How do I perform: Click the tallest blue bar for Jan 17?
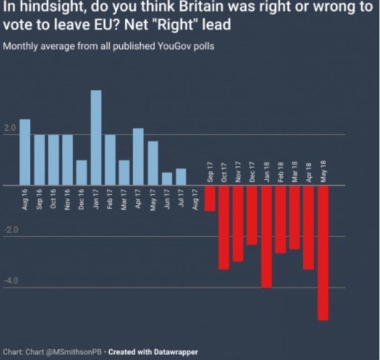click(x=96, y=137)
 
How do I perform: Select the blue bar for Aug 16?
click(x=24, y=152)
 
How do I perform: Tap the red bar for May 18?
click(x=323, y=252)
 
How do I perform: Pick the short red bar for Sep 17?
click(x=210, y=198)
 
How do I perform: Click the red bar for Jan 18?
click(x=267, y=236)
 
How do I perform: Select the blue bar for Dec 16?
click(x=81, y=172)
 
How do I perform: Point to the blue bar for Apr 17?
click(x=138, y=157)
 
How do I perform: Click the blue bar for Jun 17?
click(x=167, y=179)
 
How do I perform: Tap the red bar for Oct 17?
click(x=224, y=227)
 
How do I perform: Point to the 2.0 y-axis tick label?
click(x=10, y=129)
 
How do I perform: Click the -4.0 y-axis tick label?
click(x=11, y=281)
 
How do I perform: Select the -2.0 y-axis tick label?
click(x=11, y=230)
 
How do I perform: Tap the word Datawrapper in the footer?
click(x=175, y=352)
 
